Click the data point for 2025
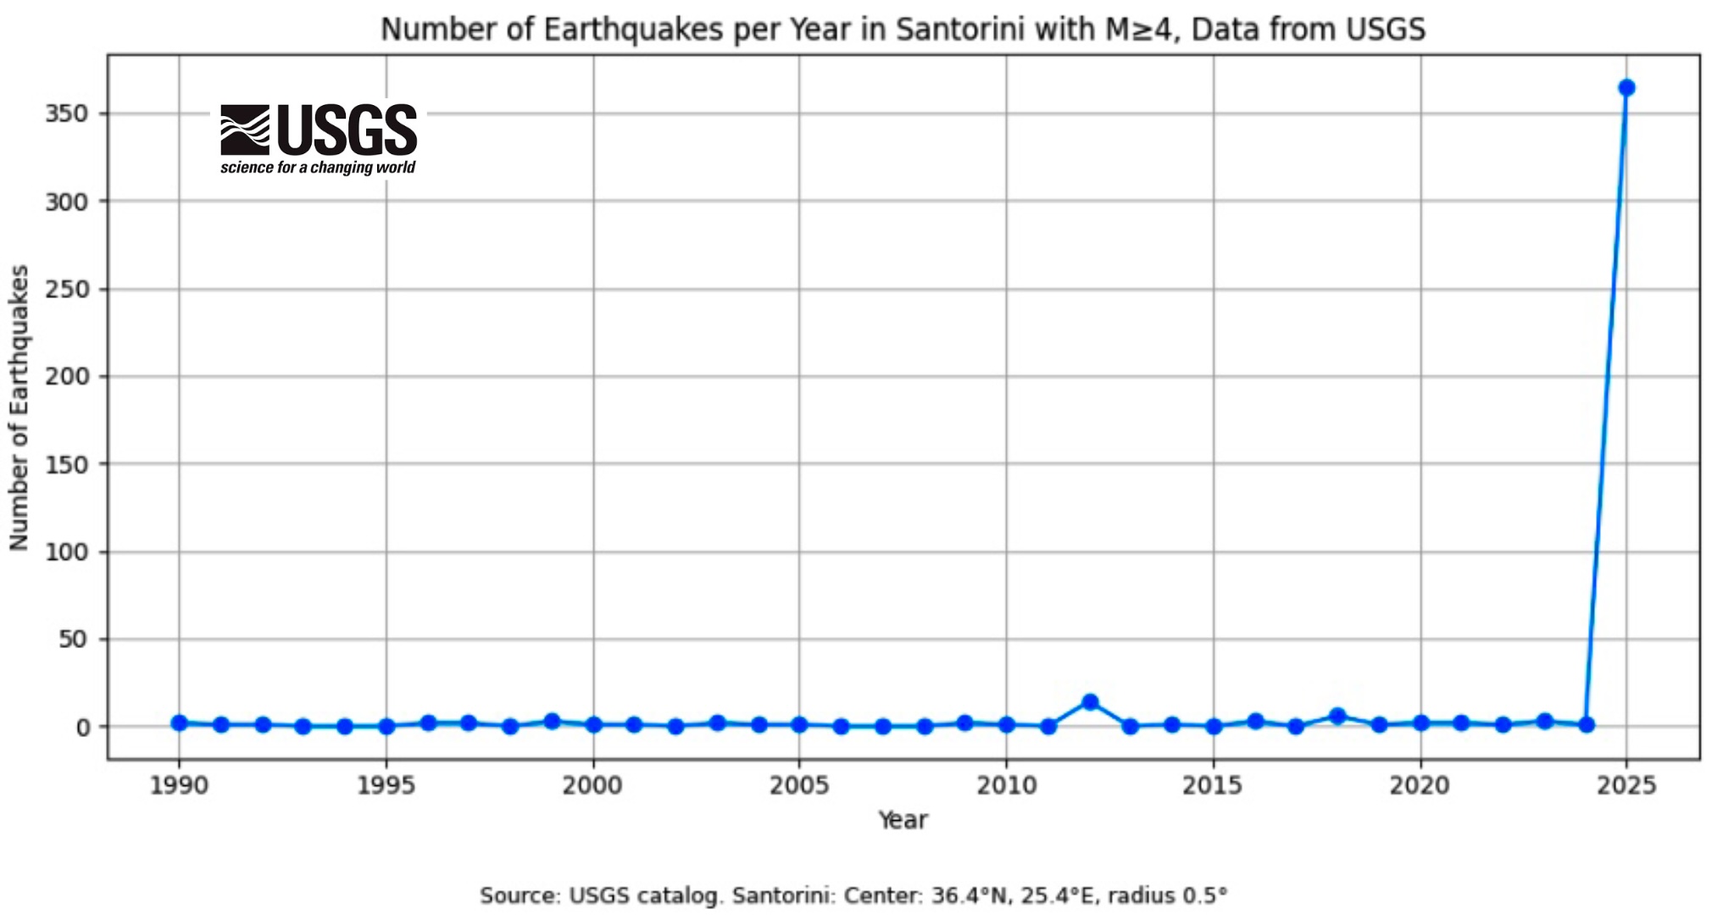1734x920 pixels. click(x=1626, y=88)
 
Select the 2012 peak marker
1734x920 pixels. click(x=1090, y=702)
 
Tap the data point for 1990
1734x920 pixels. click(x=179, y=723)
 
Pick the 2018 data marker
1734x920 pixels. click(x=1337, y=716)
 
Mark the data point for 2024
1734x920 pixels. click(x=1586, y=724)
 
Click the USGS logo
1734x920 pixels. click(x=319, y=139)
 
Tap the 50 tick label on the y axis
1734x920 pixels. click(x=74, y=640)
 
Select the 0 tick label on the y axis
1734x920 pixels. click(x=82, y=728)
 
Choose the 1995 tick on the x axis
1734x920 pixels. click(x=386, y=786)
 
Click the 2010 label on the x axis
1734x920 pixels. click(x=1006, y=786)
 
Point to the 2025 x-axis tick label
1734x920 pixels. click(x=1626, y=786)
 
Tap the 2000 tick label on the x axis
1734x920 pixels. click(x=592, y=786)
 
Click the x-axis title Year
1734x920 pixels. click(x=903, y=820)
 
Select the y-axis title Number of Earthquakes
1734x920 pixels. click(x=19, y=407)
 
